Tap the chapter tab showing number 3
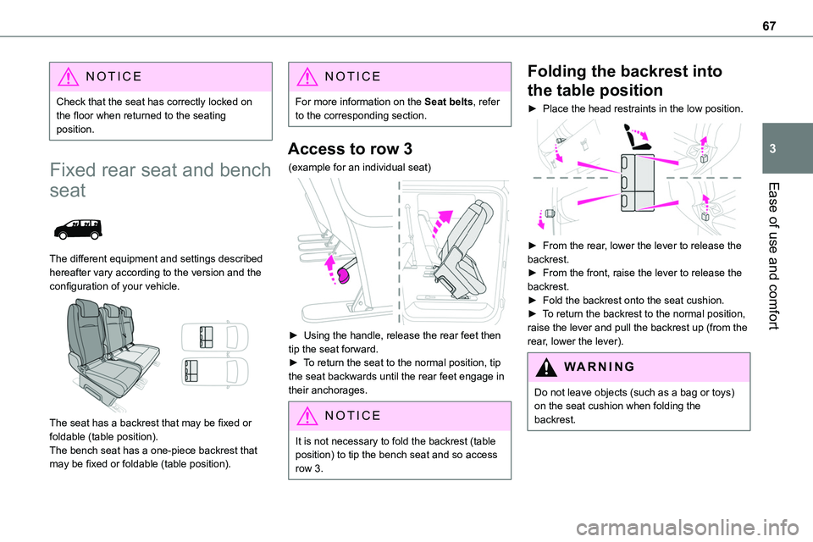(793, 148)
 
